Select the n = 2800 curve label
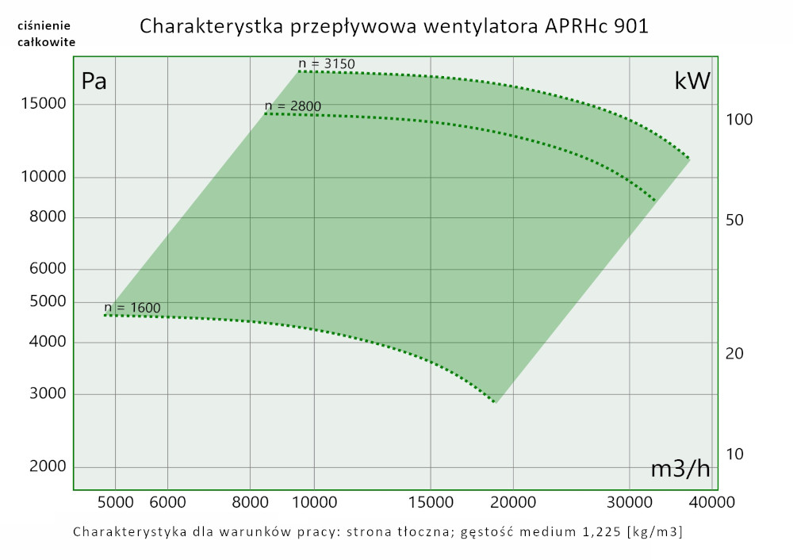(x=293, y=105)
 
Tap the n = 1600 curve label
(x=132, y=308)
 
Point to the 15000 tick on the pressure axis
(x=43, y=105)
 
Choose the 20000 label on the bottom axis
(x=513, y=502)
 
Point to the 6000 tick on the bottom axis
(x=167, y=502)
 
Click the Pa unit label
(x=94, y=81)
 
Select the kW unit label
(x=692, y=81)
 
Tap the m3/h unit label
(x=680, y=469)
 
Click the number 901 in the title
(x=631, y=26)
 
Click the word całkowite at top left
(x=47, y=42)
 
